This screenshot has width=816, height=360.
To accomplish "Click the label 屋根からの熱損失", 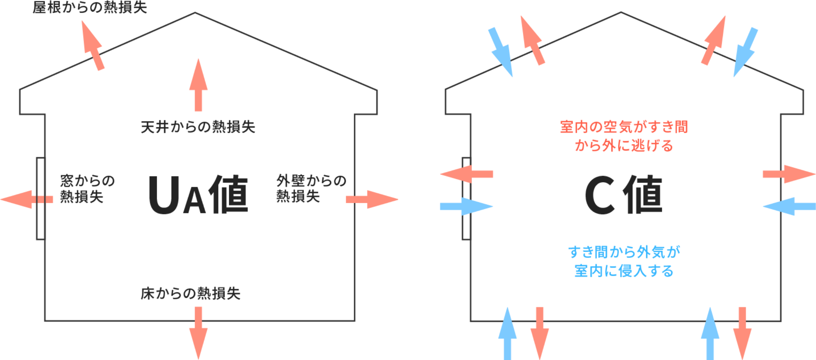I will click(89, 7).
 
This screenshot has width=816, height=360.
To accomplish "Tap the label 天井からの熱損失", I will click(198, 127).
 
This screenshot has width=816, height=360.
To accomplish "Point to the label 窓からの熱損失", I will click(87, 189).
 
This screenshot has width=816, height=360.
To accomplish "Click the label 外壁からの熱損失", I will click(311, 188).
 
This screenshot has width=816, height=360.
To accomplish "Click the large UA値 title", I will click(198, 195).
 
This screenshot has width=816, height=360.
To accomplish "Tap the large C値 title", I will click(623, 195).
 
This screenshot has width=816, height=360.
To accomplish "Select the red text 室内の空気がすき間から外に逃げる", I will click(624, 136).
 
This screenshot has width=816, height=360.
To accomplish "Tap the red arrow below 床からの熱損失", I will click(198, 333).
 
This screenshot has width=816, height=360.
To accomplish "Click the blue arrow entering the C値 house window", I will click(467, 207).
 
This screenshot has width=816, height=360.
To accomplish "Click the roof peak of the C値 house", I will click(620, 13).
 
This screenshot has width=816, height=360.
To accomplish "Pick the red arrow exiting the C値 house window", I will click(467, 174).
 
